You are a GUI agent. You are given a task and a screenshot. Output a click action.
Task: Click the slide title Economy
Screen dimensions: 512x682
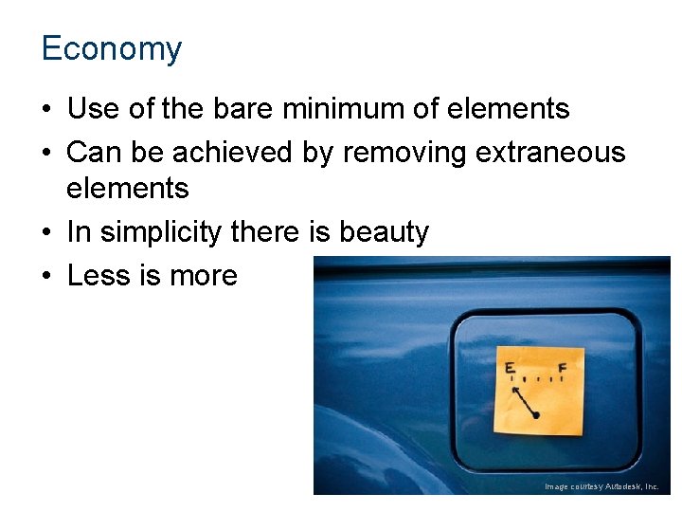[x=111, y=48]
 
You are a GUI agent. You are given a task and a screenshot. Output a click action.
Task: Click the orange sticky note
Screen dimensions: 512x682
[x=539, y=391]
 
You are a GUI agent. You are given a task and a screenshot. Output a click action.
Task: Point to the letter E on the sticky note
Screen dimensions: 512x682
[x=510, y=368]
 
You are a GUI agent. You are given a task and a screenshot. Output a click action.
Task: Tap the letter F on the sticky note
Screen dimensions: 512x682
[x=563, y=367]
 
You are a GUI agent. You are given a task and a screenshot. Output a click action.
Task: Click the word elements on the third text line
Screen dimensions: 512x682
[x=128, y=189]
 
